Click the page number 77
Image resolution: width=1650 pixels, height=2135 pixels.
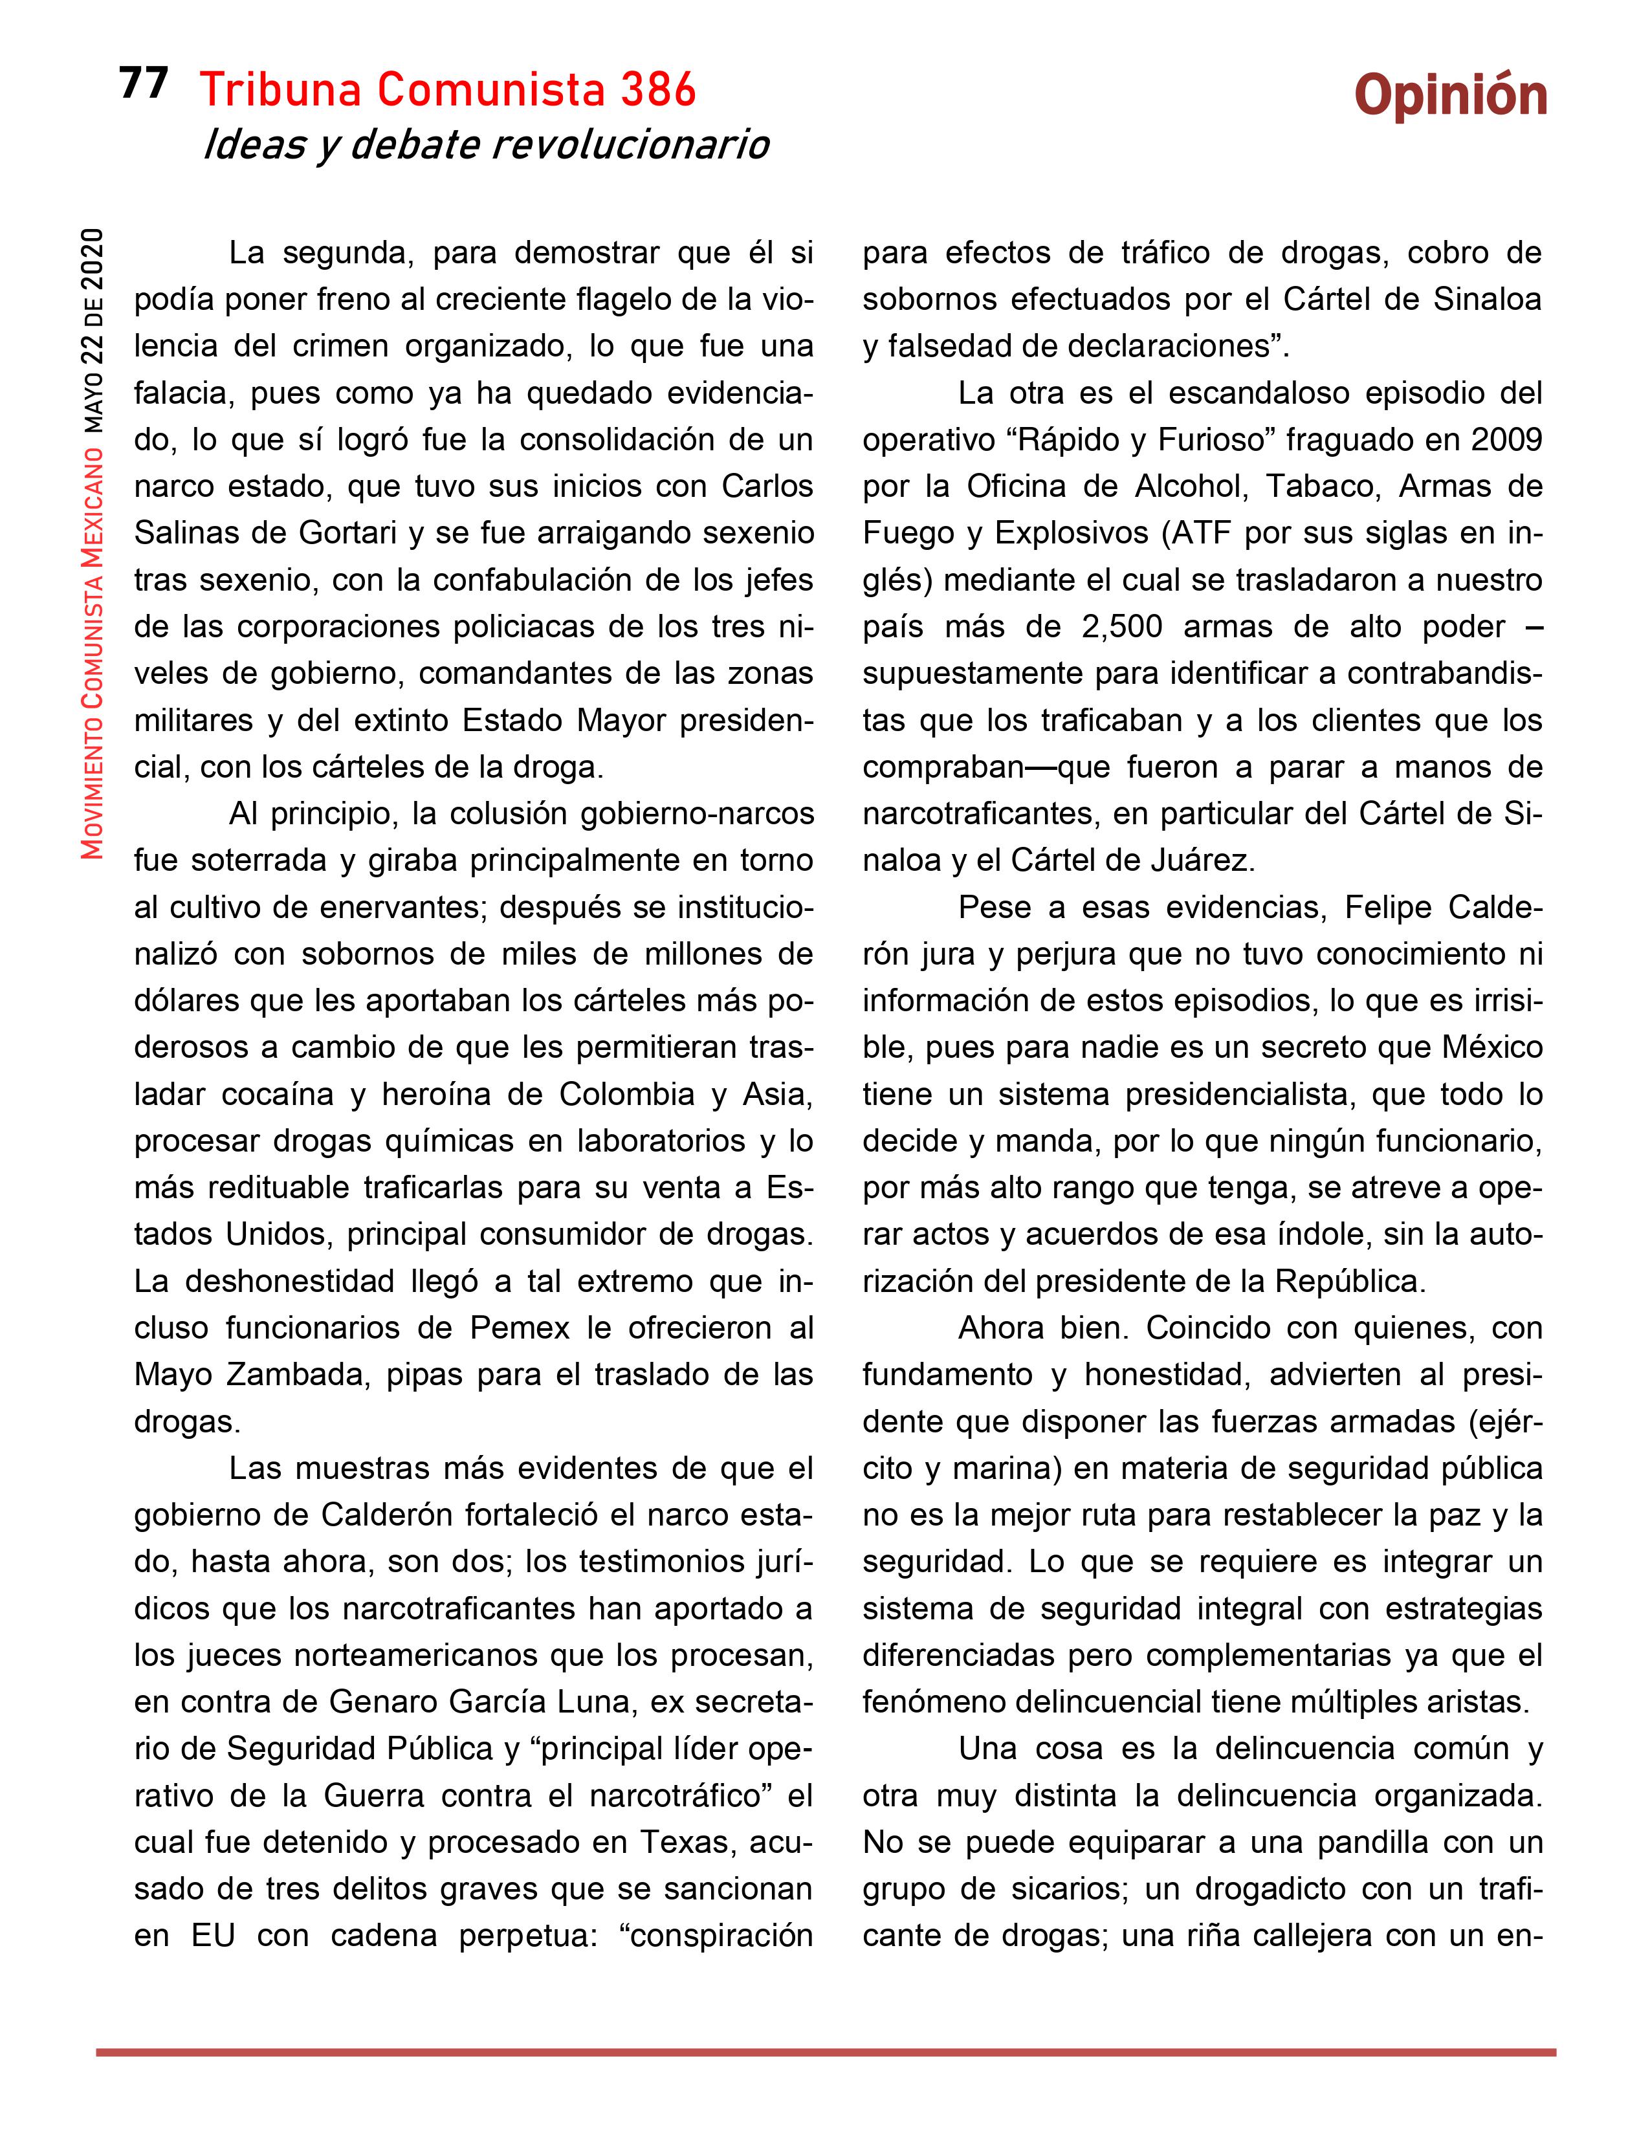[x=144, y=84]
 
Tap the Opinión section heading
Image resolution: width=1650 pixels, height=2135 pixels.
[x=1451, y=98]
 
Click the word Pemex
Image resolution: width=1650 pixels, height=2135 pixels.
[x=520, y=1328]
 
